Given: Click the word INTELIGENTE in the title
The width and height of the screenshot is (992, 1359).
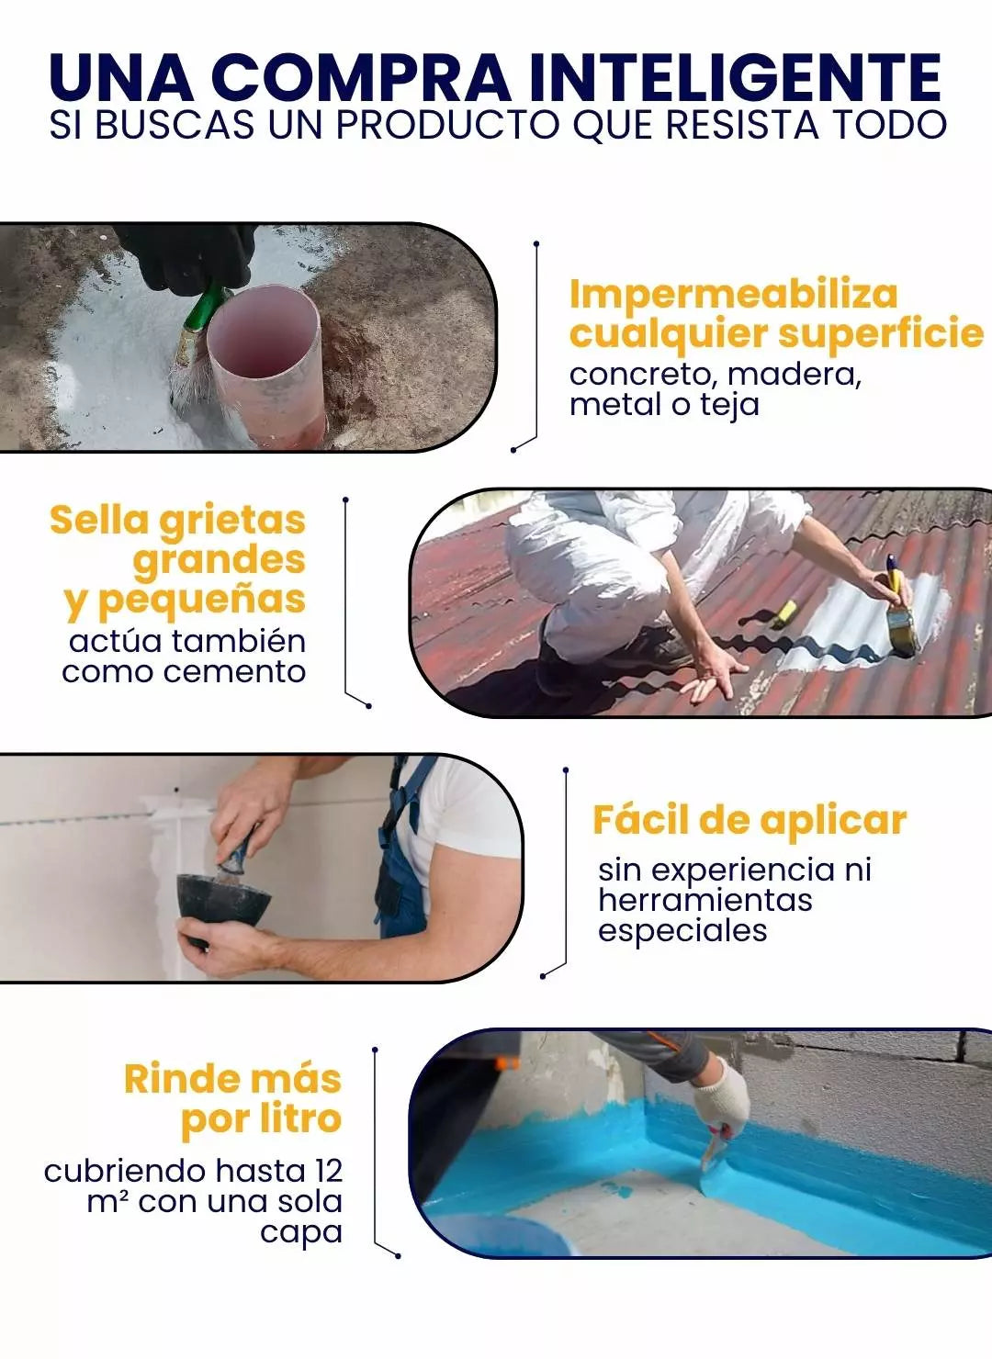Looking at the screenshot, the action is pos(736,77).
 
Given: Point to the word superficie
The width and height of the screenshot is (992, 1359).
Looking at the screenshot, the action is pos(881,334).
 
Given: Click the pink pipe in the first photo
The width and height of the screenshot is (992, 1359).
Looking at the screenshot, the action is pos(268,367).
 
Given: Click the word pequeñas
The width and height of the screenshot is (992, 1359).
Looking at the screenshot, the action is pos(201,601).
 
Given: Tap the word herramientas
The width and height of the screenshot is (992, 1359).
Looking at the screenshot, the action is pos(705,900).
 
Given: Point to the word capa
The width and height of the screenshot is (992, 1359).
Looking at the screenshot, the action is pos(301,1234).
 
